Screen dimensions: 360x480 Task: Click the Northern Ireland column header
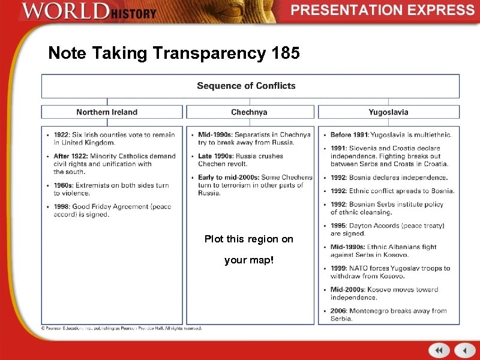pyautogui.click(x=107, y=112)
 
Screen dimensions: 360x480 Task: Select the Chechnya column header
pyautogui.click(x=249, y=112)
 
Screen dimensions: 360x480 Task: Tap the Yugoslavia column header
pyautogui.click(x=388, y=112)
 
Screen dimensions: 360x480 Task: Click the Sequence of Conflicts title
pyautogui.click(x=246, y=86)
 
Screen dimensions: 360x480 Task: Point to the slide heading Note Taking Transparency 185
pyautogui.click(x=174, y=53)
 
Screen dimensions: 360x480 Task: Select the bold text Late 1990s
pyautogui.click(x=215, y=156)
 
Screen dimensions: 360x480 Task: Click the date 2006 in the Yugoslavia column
pyautogui.click(x=339, y=311)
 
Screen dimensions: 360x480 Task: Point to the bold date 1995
pyautogui.click(x=339, y=226)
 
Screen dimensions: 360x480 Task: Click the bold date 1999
pyautogui.click(x=339, y=269)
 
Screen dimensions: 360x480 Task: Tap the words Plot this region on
pyautogui.click(x=249, y=239)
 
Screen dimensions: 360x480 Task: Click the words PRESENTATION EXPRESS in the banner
pyautogui.click(x=383, y=10)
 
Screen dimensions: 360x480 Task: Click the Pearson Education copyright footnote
pyautogui.click(x=121, y=328)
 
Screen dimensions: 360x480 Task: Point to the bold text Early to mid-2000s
pyautogui.click(x=229, y=178)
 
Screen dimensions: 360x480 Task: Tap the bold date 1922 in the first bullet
pyautogui.click(x=62, y=135)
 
